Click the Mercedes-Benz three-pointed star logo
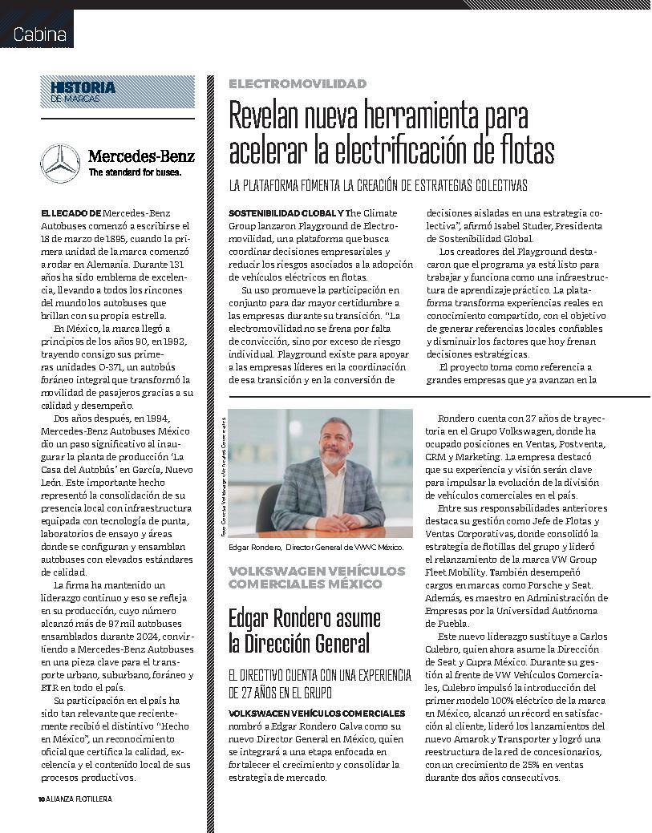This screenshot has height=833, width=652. point(60,163)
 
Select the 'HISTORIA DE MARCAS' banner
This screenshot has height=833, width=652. point(118,91)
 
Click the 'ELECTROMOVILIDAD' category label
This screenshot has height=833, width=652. point(298,83)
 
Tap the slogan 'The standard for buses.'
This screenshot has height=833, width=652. point(135,172)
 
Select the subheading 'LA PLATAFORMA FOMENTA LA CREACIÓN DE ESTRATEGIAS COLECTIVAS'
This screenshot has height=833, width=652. point(378,186)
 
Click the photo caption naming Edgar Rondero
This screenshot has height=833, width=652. point(316,547)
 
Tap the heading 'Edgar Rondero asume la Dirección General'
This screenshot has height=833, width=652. point(305,630)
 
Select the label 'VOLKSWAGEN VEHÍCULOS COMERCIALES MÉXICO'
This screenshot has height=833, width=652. point(306,577)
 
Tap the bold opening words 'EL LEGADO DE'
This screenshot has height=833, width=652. point(71,213)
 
